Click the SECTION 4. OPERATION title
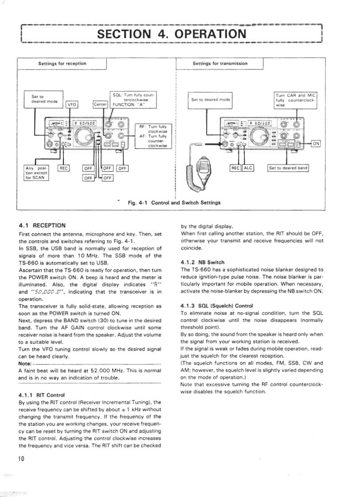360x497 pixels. [171, 34]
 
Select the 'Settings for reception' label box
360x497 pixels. [62, 64]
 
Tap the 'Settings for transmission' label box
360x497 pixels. [220, 64]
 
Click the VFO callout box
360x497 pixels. [71, 105]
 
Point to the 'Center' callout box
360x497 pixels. [101, 105]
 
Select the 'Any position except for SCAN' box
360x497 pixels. [36, 172]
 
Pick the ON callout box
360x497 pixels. [316, 144]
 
